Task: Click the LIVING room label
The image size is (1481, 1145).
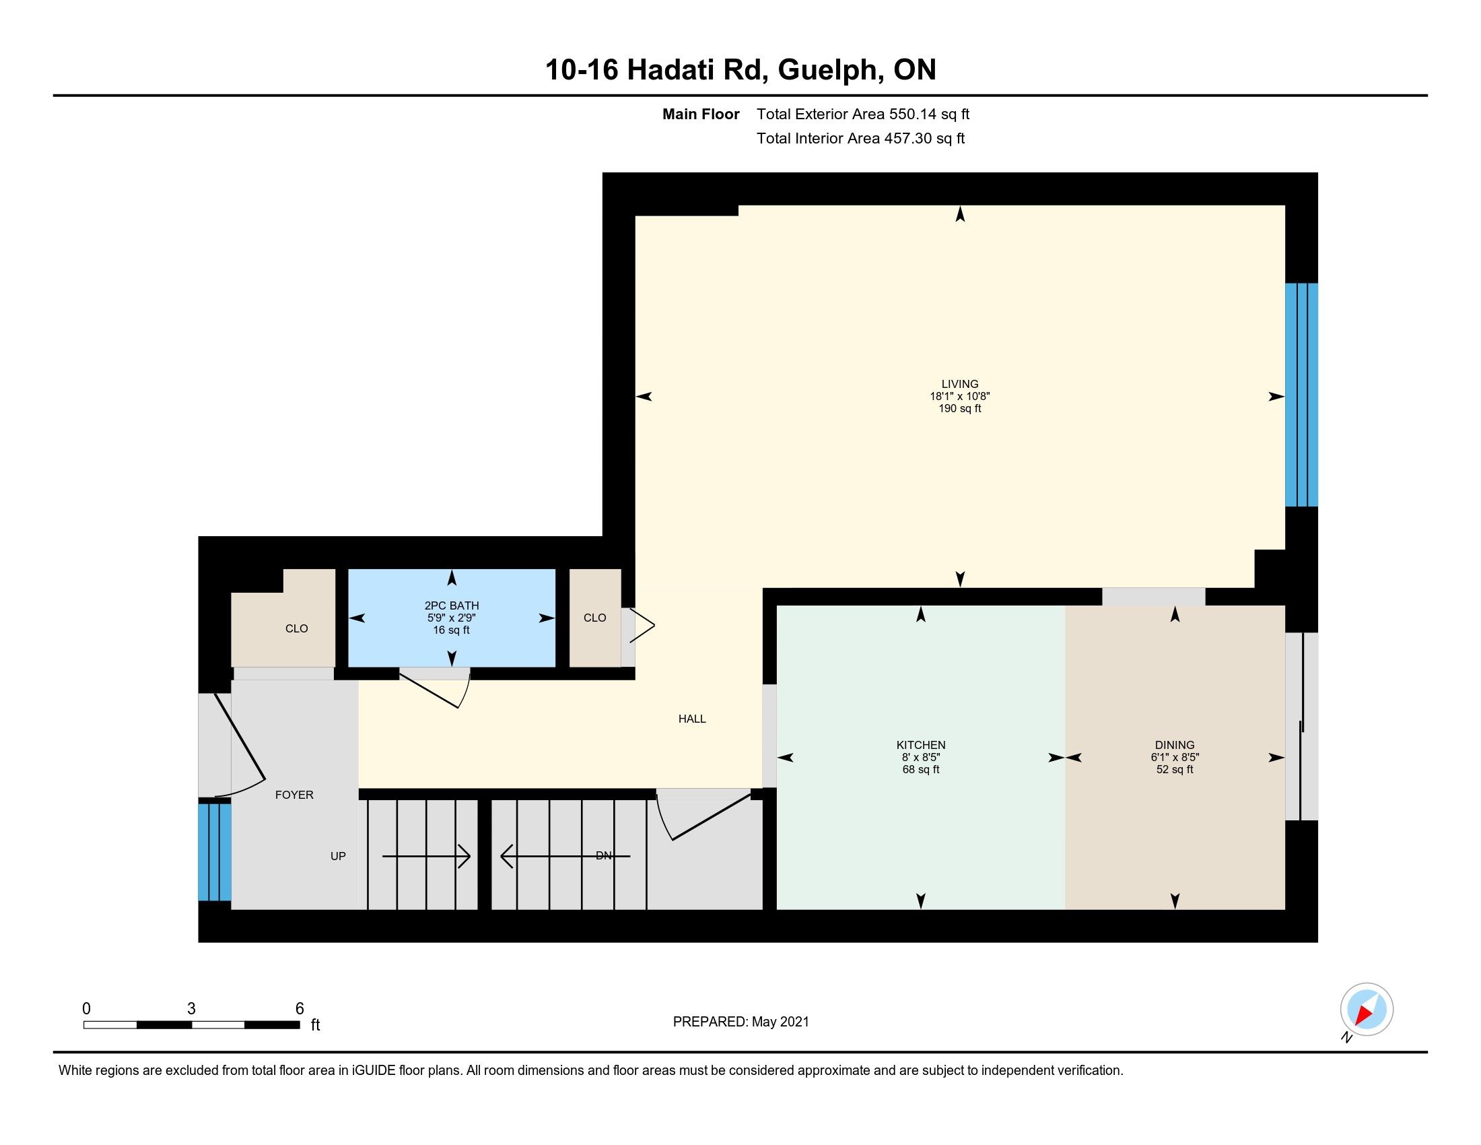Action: tap(959, 384)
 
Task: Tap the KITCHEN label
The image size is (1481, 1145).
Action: tap(920, 745)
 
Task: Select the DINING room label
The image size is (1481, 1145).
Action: tap(1175, 745)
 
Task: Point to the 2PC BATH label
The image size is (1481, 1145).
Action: tap(452, 606)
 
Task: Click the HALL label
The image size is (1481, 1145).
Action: tap(691, 719)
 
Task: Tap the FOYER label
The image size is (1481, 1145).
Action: tap(294, 795)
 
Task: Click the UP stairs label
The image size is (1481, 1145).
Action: tap(338, 856)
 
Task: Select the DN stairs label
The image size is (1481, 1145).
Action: tap(604, 856)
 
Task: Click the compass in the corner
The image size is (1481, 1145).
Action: tap(1367, 1010)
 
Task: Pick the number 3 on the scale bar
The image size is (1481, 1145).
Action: tap(191, 1009)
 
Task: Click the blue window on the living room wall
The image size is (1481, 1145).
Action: tap(1301, 395)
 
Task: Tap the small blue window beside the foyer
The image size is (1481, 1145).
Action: tap(214, 852)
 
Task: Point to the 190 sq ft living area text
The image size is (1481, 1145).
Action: tap(959, 408)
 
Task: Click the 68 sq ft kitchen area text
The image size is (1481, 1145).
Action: tap(920, 769)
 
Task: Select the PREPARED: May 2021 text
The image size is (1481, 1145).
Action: tap(740, 1022)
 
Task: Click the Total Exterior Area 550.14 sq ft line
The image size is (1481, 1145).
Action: tap(862, 114)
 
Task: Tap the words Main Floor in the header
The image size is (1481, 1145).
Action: tap(701, 114)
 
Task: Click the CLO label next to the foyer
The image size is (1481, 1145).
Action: tap(296, 629)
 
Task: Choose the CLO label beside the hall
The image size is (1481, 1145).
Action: tap(594, 618)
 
